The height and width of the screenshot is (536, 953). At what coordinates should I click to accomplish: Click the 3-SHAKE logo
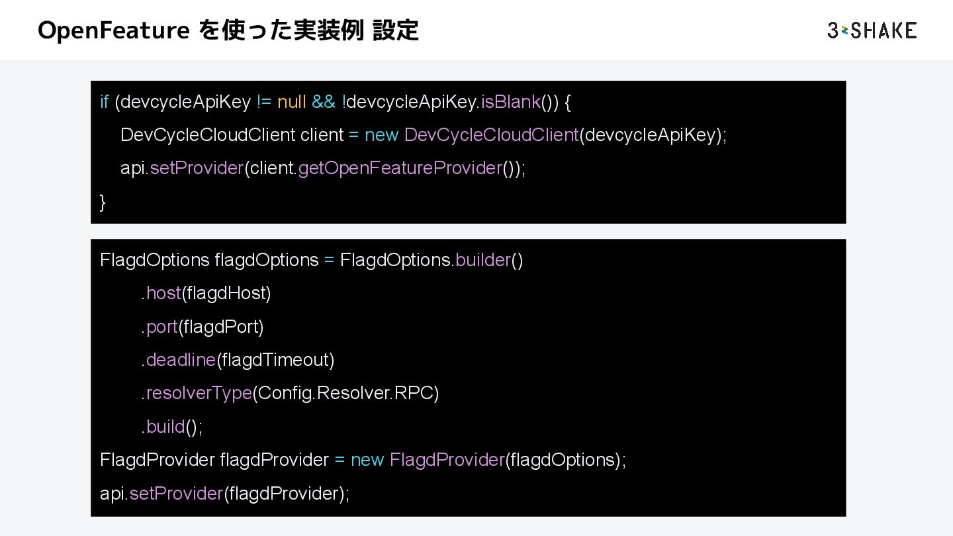[x=872, y=30]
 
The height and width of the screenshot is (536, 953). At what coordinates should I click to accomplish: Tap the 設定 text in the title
[x=395, y=30]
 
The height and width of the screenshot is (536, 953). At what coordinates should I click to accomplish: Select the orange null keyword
[x=292, y=102]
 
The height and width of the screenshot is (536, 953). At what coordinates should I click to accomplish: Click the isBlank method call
[x=510, y=102]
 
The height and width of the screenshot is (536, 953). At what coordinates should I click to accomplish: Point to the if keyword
[x=105, y=102]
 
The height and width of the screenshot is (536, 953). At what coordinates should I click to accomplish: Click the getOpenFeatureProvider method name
[x=400, y=168]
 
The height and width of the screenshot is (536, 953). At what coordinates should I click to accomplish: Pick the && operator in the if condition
[x=324, y=102]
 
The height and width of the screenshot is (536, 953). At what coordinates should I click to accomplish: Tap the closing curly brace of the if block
[x=103, y=202]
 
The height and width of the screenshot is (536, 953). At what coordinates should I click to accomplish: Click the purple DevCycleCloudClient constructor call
[x=491, y=135]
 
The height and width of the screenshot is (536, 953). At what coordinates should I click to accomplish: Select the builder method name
[x=483, y=260]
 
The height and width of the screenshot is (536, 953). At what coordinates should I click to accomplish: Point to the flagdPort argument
[x=221, y=327]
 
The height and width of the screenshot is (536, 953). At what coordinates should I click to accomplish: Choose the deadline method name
[x=181, y=360]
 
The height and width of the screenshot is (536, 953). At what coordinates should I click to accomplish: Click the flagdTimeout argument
[x=275, y=360]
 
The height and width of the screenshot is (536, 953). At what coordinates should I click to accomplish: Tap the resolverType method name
[x=199, y=393]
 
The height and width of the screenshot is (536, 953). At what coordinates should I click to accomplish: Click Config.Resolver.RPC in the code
[x=345, y=393]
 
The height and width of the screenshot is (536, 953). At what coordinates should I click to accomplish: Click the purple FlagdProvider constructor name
[x=447, y=460]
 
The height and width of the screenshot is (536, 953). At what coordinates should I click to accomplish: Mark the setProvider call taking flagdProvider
[x=176, y=494]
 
